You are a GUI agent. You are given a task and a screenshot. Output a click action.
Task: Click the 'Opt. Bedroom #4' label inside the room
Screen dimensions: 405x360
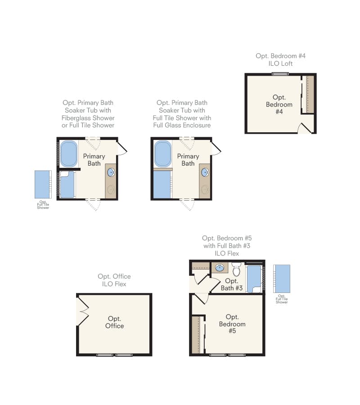coord(279,104)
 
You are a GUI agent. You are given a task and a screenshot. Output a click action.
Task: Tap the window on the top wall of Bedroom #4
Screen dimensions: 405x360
coord(279,74)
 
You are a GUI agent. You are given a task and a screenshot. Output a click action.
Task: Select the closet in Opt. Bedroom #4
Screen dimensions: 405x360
coord(309,94)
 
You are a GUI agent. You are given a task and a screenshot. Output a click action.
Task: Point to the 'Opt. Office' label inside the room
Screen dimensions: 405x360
coord(114,322)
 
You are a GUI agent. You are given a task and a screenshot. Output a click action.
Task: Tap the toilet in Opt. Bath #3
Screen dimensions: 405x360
coord(237,270)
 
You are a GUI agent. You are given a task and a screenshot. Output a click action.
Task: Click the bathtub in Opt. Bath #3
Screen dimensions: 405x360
coord(254,279)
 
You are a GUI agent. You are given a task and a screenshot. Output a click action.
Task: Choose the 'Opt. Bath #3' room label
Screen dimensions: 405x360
coord(231,284)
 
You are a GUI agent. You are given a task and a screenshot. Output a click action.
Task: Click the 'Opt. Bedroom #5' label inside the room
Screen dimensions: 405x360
coord(232,324)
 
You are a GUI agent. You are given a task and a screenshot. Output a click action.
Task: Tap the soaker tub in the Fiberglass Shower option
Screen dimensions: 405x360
coord(69,154)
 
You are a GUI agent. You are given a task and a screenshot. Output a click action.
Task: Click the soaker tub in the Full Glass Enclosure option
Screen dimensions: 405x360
coord(162,154)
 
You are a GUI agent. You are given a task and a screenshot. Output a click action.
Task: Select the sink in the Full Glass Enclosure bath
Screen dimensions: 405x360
coord(205,172)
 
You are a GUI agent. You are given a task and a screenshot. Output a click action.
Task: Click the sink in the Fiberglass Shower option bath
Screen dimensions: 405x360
coord(111,172)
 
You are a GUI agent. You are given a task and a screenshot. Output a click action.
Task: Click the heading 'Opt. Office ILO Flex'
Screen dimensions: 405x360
coord(114,280)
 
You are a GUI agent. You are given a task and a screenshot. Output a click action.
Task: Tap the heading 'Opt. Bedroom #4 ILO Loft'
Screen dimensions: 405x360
coord(280,60)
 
